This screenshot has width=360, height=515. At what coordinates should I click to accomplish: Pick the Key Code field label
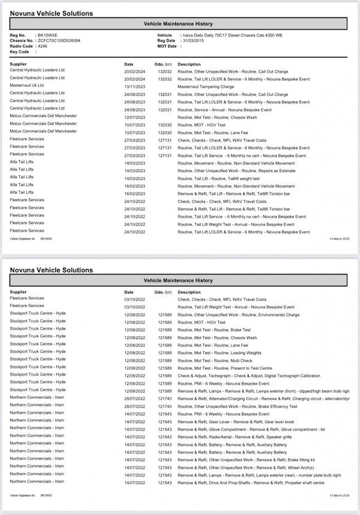click(x=20, y=52)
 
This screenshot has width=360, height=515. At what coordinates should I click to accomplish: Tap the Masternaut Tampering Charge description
click(x=206, y=86)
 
